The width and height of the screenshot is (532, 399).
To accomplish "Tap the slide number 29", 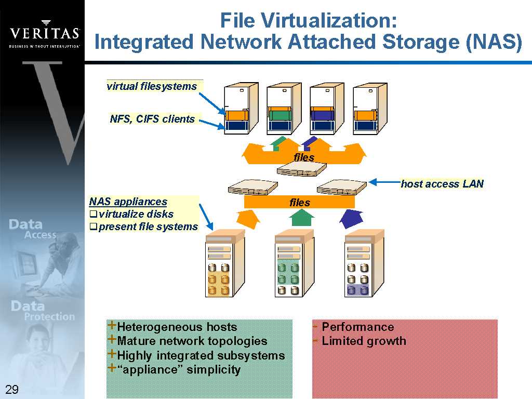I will [11, 390].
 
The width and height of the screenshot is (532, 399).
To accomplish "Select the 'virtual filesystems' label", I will [152, 86].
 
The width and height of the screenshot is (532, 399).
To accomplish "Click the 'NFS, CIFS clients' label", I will [152, 119].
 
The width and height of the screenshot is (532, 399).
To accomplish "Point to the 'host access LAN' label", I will [442, 184].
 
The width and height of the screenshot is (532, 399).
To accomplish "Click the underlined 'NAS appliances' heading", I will [128, 202].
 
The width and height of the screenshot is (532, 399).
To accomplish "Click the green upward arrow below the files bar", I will [300, 217].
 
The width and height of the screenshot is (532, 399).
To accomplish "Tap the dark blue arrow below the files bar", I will [351, 218].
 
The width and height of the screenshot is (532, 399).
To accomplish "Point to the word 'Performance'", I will [358, 327].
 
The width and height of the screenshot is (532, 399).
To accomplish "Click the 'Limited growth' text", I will [364, 341].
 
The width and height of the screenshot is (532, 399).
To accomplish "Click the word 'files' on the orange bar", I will [300, 203].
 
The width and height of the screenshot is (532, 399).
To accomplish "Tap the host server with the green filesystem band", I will [283, 109].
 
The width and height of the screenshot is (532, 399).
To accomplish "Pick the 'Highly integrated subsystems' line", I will [201, 355].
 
